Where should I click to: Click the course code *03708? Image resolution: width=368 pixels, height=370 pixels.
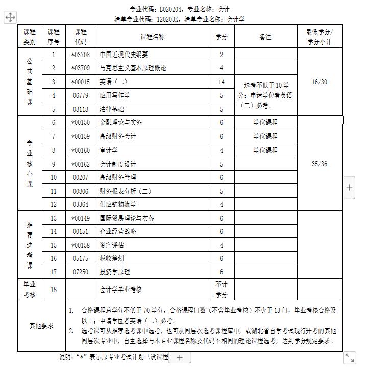click(81, 55)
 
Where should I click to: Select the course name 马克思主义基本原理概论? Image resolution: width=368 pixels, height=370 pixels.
click(133, 68)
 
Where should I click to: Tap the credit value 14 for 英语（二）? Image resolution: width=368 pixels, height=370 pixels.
click(222, 82)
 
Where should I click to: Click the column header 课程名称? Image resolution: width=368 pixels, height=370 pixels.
click(152, 37)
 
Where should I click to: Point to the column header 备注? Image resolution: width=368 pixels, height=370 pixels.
click(265, 37)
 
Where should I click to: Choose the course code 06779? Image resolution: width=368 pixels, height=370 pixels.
click(81, 95)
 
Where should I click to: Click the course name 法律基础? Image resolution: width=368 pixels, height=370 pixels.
click(112, 109)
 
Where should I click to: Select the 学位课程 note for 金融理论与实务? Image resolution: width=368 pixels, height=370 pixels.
click(265, 122)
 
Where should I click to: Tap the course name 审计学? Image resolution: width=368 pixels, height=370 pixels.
click(109, 150)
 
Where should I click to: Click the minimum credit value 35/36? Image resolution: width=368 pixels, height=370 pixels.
click(320, 164)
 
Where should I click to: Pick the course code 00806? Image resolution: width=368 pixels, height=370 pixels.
click(81, 191)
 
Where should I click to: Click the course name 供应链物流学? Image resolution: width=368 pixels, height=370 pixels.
click(118, 205)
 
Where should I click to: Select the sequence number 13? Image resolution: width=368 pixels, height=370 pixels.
click(54, 218)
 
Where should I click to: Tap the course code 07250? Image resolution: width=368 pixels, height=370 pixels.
click(81, 272)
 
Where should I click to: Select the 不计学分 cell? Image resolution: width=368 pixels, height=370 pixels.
click(222, 289)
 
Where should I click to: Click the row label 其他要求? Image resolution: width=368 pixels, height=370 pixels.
click(41, 326)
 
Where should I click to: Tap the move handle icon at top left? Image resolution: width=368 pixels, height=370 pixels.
click(10, 18)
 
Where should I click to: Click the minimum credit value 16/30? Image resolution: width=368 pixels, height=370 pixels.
click(320, 82)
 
